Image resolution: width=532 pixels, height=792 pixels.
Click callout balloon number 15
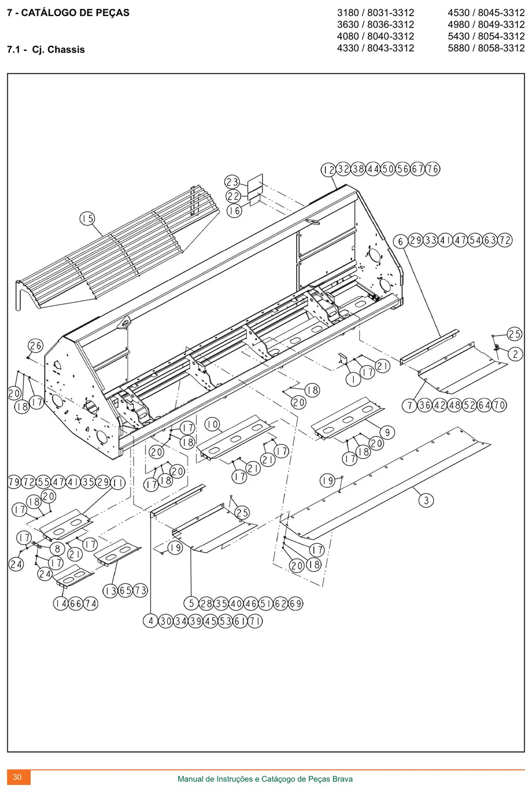[87, 219]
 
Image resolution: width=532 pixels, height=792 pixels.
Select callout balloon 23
[232, 182]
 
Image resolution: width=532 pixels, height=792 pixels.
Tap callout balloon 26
[35, 346]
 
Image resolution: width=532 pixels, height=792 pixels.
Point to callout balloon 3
[426, 500]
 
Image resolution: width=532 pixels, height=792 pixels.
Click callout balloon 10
[212, 424]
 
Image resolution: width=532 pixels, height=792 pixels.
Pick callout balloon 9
[388, 433]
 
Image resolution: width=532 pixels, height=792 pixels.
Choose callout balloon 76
[433, 169]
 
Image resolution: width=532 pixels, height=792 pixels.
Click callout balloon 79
[14, 482]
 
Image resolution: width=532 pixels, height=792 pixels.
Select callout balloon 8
[57, 549]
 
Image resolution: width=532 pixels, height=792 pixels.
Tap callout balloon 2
[515, 354]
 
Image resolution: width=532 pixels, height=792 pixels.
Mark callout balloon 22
[233, 196]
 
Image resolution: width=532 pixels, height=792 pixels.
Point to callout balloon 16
[234, 211]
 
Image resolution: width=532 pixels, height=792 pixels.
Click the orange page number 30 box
[19, 777]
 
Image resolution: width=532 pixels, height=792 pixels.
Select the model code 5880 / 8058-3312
[486, 48]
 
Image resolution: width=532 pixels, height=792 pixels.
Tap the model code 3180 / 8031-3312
[375, 13]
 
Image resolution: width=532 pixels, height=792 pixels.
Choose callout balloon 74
[90, 603]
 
